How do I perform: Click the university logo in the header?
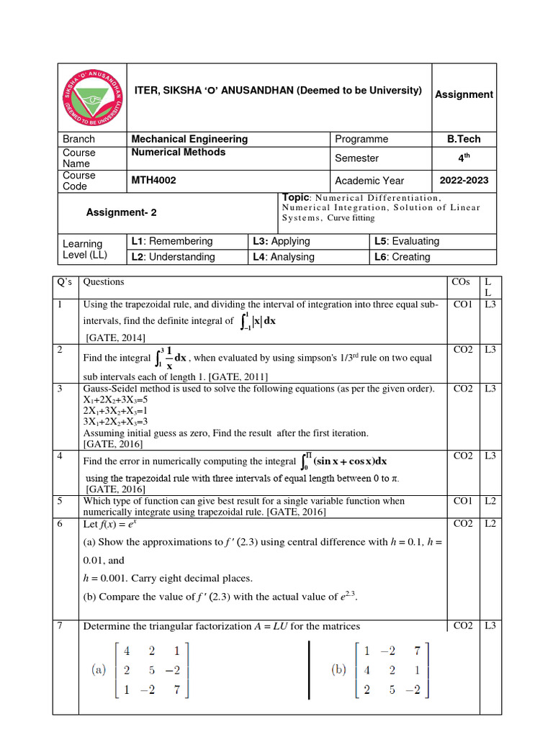(91, 97)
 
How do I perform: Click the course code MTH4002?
(153, 181)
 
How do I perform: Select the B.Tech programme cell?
(464, 139)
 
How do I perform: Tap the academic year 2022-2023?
(464, 181)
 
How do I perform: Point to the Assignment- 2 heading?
(121, 212)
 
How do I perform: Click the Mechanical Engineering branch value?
(189, 139)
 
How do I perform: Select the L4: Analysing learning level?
(283, 257)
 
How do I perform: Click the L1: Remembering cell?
(171, 241)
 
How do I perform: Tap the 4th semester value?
(464, 158)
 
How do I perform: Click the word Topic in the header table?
(295, 197)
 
